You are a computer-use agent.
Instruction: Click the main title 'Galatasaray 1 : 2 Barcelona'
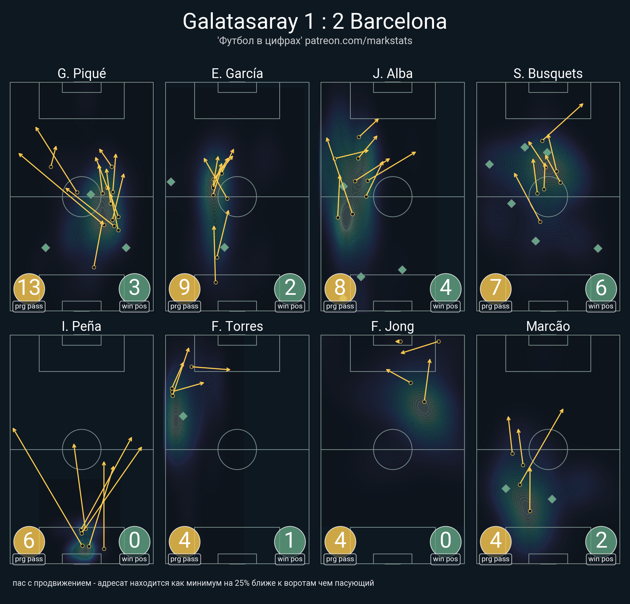click(x=315, y=21)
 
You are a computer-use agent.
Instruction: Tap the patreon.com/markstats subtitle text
click(x=358, y=41)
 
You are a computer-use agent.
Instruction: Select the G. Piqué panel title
click(x=82, y=74)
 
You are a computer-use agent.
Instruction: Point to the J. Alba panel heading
click(x=393, y=74)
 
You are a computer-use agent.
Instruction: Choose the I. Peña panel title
click(x=82, y=326)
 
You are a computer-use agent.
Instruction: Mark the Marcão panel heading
click(x=548, y=326)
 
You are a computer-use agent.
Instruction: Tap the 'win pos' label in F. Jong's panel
click(x=446, y=559)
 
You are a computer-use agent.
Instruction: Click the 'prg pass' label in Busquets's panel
click(x=496, y=306)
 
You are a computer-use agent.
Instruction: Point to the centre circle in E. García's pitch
click(x=237, y=197)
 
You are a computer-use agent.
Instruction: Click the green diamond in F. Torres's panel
click(x=183, y=416)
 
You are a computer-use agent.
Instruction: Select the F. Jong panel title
click(x=393, y=326)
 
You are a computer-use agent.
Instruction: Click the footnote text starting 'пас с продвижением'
click(x=193, y=583)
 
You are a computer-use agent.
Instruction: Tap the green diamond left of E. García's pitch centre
click(x=171, y=182)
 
